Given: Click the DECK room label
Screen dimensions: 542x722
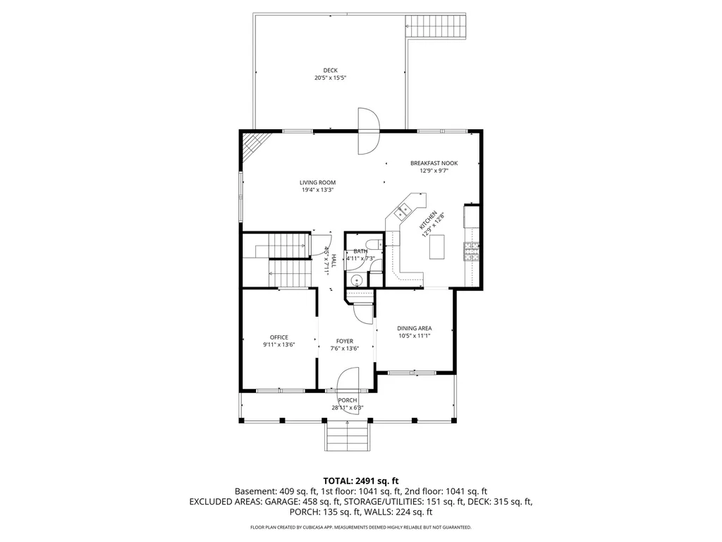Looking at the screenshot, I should click(330, 70).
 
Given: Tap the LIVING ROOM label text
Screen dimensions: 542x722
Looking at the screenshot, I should click(317, 182).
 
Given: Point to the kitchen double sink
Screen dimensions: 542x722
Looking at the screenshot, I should click(404, 209).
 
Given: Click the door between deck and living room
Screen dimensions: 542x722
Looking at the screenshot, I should click(368, 131).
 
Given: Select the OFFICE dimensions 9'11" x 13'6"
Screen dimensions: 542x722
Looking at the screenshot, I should click(279, 345).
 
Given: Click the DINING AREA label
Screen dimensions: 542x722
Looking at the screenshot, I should click(415, 328).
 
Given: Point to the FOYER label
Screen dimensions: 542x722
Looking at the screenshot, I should click(345, 341).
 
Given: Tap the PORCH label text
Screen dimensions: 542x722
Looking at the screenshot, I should click(346, 400).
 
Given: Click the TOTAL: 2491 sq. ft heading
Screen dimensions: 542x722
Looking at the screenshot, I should click(361, 480).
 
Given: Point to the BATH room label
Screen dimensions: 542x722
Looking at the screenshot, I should click(360, 251).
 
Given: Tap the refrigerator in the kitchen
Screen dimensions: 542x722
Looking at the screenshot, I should click(471, 216).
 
